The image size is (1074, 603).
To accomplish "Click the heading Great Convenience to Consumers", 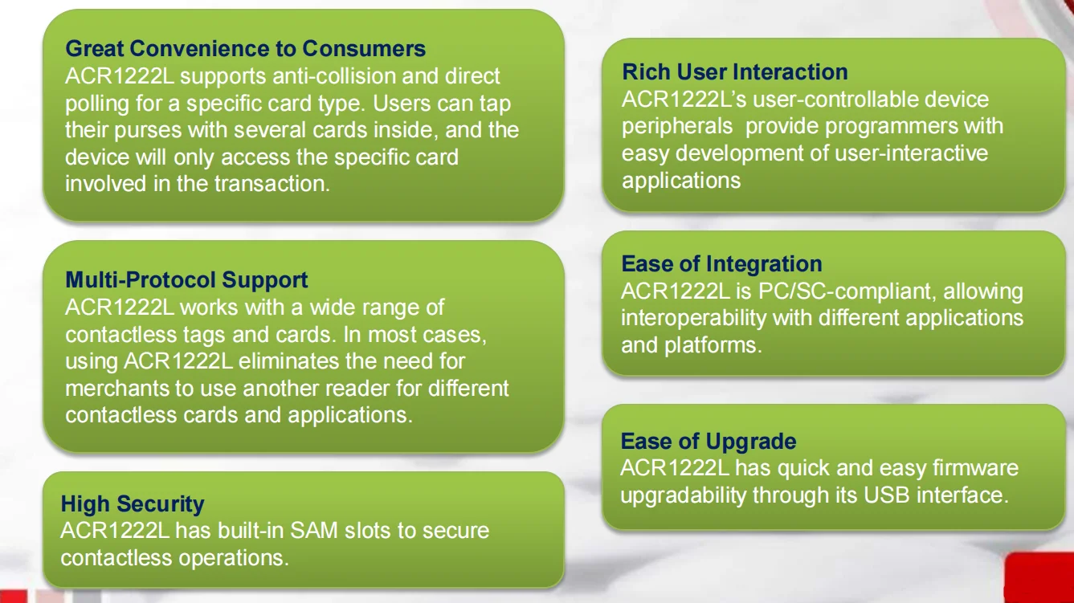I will pyautogui.click(x=245, y=49).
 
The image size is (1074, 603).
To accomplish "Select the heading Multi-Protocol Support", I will pyautogui.click(x=186, y=280).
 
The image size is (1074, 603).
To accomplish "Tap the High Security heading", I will pyautogui.click(x=133, y=504).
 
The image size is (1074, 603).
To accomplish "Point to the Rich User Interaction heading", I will pyautogui.click(x=734, y=72).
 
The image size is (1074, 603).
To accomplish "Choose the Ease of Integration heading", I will pyautogui.click(x=721, y=264).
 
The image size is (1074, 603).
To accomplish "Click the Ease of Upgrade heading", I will pyautogui.click(x=708, y=442).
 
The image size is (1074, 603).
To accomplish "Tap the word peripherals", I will pyautogui.click(x=677, y=127).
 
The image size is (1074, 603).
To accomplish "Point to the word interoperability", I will pyautogui.click(x=693, y=318).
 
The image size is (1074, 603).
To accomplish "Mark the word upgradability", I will pyautogui.click(x=683, y=495).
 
